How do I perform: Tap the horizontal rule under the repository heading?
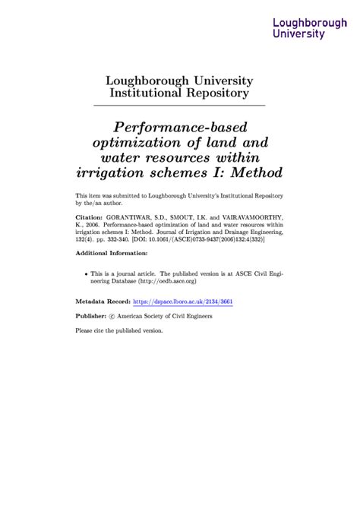pyautogui.click(x=179, y=105)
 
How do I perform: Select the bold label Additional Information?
pyautogui.click(x=112, y=255)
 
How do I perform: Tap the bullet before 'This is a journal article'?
pyautogui.click(x=83, y=270)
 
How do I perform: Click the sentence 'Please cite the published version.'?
pyautogui.click(x=119, y=330)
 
